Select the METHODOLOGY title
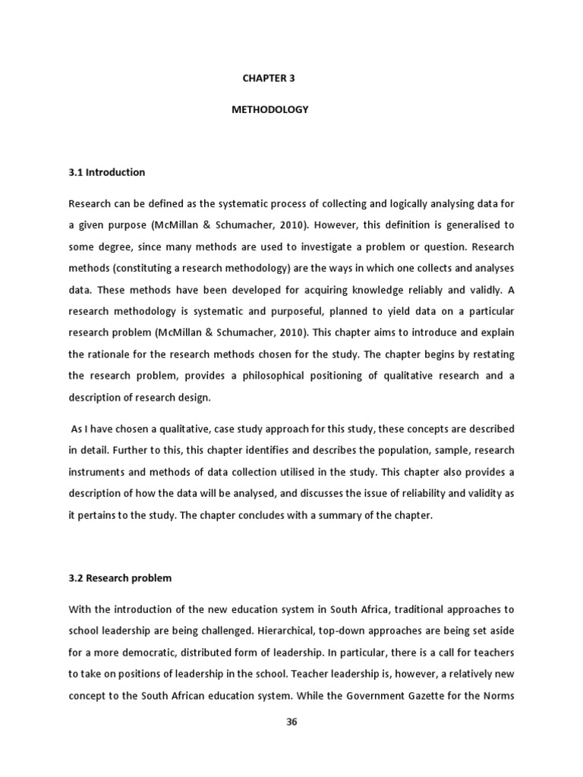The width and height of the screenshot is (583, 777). coord(269,109)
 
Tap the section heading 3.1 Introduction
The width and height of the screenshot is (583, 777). coord(106,172)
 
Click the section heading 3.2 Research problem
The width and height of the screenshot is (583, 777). coord(120,578)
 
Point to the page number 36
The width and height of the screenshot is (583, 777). coord(291,722)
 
